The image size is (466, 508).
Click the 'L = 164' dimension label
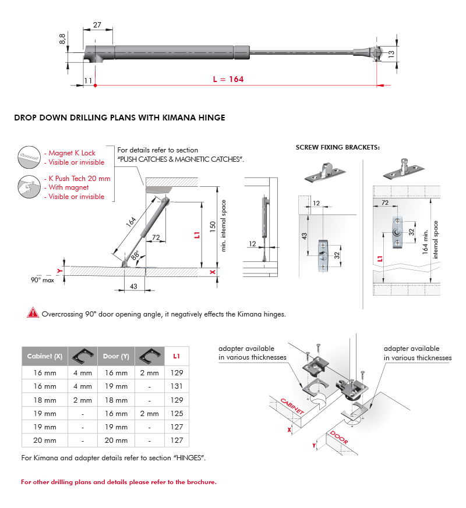tap(228, 79)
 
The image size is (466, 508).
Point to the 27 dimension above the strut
tap(97, 24)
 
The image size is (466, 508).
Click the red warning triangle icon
tap(33, 313)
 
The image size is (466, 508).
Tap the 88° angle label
tap(135, 254)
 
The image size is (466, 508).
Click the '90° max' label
tap(43, 280)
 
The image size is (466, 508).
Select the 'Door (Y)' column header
tap(116, 356)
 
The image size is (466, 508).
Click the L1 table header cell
tap(177, 356)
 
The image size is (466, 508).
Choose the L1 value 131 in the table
tap(177, 386)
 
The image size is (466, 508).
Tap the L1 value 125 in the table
tap(177, 414)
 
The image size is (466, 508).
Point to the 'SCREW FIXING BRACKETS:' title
tap(338, 147)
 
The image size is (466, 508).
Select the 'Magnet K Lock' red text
tap(72, 153)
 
